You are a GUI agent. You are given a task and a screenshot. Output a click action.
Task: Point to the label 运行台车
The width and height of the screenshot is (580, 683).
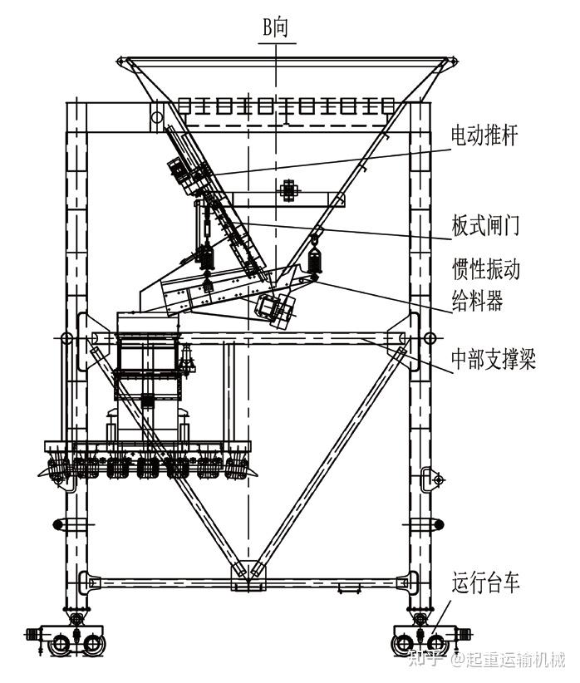pos(486,583)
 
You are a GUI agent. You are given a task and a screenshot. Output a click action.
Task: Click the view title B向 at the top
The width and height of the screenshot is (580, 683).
pos(275,28)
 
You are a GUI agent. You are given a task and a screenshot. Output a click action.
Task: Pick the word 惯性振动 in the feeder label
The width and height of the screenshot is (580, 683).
pos(486,270)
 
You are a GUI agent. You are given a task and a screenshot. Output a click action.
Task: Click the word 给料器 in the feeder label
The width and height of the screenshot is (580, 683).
pos(477,301)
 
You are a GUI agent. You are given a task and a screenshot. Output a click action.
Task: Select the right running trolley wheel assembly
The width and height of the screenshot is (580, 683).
pos(424,641)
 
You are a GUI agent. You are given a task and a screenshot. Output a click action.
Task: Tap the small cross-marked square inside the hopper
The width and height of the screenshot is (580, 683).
pos(288,189)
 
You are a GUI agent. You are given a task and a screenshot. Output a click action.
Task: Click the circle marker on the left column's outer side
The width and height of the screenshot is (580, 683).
pos(64,338)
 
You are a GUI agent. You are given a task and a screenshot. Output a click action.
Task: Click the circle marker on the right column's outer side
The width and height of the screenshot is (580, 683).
pos(429,338)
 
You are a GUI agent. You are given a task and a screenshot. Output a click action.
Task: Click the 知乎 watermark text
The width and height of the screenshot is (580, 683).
pos(424,661)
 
